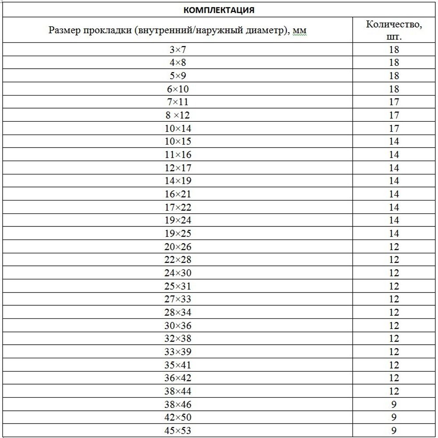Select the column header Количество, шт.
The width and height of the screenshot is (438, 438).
coord(394,30)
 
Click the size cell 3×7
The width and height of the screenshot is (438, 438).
coord(180,50)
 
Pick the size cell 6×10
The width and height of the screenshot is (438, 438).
coord(180,89)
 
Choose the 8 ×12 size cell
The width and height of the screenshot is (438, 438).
coord(180,116)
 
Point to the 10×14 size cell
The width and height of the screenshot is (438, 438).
coord(180,129)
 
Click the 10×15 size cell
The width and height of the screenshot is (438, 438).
coord(180,141)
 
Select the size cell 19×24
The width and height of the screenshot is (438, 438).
coord(180,220)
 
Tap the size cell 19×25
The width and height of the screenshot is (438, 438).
coord(180,233)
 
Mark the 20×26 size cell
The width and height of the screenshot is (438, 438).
coord(180,247)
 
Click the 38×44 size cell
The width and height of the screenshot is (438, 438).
coord(180,391)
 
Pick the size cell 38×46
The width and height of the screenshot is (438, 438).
coord(180,404)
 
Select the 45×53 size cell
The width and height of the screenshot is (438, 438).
coord(180,431)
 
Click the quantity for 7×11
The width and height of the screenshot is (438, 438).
coord(394,102)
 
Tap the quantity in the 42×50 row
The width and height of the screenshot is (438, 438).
coord(394,417)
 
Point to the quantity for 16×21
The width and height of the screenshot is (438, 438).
coord(394,194)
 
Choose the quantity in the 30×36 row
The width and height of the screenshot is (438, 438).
coord(394,325)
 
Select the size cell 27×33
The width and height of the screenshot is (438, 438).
coord(180,299)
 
